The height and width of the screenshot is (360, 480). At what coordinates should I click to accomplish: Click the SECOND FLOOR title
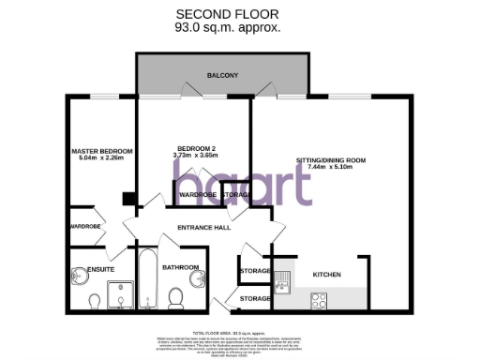click(x=227, y=14)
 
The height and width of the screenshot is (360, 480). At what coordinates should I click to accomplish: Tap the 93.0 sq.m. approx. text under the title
click(x=227, y=28)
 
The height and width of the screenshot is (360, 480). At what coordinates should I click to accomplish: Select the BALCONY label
click(x=223, y=75)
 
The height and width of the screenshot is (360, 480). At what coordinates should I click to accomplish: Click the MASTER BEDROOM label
click(x=102, y=151)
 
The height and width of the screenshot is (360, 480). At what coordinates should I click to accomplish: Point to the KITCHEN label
click(x=326, y=275)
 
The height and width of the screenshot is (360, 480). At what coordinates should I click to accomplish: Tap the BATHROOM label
click(x=180, y=267)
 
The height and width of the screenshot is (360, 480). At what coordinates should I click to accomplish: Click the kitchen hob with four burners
click(x=318, y=300)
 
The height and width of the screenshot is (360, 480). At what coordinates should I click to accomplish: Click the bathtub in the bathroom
click(x=147, y=278)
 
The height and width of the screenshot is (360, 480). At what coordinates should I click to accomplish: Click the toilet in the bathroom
click(x=175, y=298)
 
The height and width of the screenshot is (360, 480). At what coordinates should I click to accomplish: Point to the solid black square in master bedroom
click(x=129, y=199)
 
